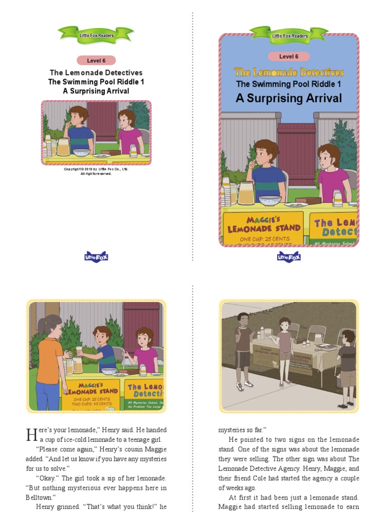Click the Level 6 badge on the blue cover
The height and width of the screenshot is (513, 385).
click(x=289, y=57)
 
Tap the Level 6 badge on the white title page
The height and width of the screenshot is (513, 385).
click(x=96, y=61)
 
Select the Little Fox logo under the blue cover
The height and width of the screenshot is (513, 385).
click(x=289, y=256)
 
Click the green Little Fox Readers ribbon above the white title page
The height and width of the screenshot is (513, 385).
click(x=96, y=35)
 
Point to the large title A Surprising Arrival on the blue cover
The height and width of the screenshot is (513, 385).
click(x=289, y=98)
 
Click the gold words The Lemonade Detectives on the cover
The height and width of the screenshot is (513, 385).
click(x=289, y=72)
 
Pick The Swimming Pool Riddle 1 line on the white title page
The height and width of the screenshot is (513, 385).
click(x=96, y=82)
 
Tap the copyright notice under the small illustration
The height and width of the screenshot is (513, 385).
click(x=96, y=171)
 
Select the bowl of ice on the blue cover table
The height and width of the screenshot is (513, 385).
click(x=270, y=200)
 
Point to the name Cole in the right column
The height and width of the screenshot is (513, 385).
click(x=272, y=478)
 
